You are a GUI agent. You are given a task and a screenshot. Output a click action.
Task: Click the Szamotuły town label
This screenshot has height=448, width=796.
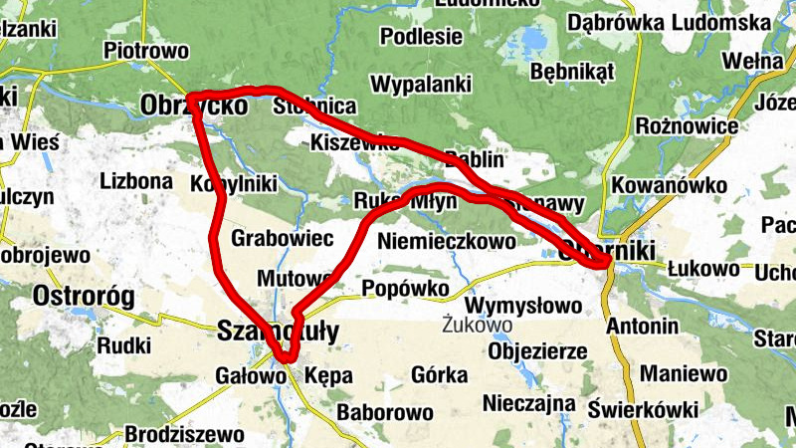click(278, 332)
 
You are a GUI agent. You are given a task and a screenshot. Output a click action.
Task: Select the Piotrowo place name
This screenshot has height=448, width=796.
click(146, 49)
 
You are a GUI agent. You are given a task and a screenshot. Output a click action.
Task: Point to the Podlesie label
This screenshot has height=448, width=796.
click(422, 37)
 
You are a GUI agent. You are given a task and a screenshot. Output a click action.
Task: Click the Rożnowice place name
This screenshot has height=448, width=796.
click(687, 126)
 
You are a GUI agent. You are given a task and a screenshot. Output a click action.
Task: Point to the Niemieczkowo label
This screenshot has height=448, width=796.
click(448, 240)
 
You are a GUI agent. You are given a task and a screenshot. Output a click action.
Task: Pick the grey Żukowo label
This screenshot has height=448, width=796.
click(478, 325)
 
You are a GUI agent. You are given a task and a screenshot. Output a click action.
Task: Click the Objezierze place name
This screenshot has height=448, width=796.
click(537, 351)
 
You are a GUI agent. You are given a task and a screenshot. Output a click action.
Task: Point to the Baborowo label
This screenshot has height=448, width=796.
click(385, 411)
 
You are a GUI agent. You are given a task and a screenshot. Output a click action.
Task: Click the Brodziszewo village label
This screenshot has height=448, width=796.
click(184, 434)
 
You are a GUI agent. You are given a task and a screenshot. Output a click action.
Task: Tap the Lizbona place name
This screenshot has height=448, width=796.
click(136, 182)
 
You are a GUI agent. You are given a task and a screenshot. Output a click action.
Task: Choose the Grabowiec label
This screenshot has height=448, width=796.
click(281, 239)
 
